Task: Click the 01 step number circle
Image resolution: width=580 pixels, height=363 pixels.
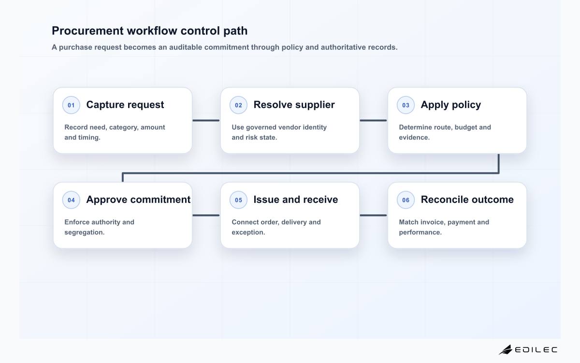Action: click(x=71, y=105)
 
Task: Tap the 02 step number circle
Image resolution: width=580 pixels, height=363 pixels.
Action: click(x=238, y=105)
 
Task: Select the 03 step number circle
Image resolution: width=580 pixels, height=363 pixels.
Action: click(x=406, y=105)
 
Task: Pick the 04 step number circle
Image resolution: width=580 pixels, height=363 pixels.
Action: click(x=71, y=200)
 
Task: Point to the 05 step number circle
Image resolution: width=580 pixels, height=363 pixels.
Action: click(x=238, y=200)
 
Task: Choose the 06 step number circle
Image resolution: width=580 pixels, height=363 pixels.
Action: click(x=406, y=200)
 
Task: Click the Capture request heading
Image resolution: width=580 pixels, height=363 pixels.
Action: click(x=125, y=105)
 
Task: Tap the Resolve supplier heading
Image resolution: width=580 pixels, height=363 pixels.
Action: click(x=294, y=105)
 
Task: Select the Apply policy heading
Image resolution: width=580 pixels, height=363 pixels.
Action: click(x=451, y=105)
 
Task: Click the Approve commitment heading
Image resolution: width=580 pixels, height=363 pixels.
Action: click(x=138, y=199)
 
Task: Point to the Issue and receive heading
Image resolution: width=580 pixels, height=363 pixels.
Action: click(x=296, y=199)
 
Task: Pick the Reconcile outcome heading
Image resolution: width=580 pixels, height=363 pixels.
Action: click(x=467, y=199)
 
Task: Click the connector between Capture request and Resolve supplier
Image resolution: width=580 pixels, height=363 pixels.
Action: click(x=206, y=121)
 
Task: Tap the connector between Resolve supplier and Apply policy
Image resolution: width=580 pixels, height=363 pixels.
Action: click(x=373, y=121)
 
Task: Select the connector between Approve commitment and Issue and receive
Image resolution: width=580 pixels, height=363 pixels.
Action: click(x=206, y=215)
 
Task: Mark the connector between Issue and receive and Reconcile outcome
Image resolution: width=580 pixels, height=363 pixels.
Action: click(x=373, y=215)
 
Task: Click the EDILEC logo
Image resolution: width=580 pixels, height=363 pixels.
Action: click(x=528, y=349)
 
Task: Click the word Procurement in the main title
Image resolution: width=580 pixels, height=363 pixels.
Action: click(x=88, y=31)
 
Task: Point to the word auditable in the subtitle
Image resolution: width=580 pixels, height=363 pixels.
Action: click(x=186, y=47)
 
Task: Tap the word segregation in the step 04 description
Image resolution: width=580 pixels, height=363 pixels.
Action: click(x=85, y=232)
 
